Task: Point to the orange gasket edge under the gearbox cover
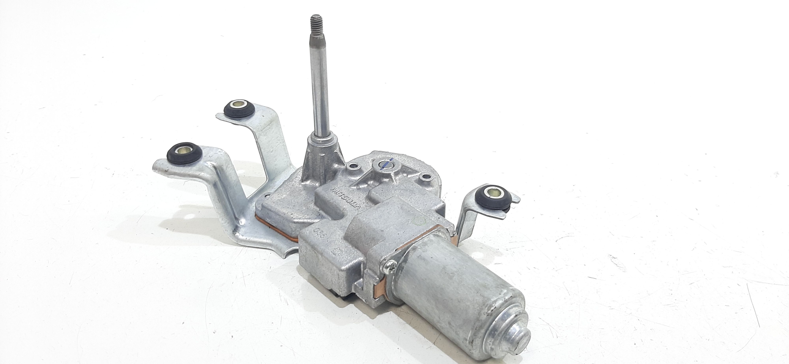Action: (276, 236)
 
